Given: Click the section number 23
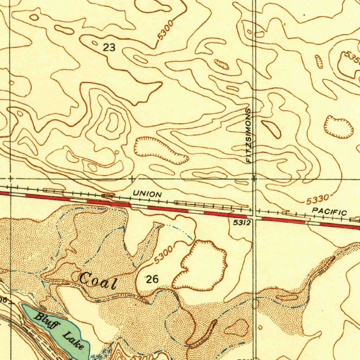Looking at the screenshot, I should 109,48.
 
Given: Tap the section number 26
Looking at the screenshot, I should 152,279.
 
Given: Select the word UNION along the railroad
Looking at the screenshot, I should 147,194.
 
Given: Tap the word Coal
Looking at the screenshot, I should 97,280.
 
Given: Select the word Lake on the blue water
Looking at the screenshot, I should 74,341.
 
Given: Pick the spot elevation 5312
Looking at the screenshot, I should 242,223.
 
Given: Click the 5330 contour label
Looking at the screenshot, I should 317,200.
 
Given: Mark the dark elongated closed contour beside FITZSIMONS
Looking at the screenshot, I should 271,129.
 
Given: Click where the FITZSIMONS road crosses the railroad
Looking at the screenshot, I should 254,212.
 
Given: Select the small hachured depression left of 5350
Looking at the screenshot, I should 319,62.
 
